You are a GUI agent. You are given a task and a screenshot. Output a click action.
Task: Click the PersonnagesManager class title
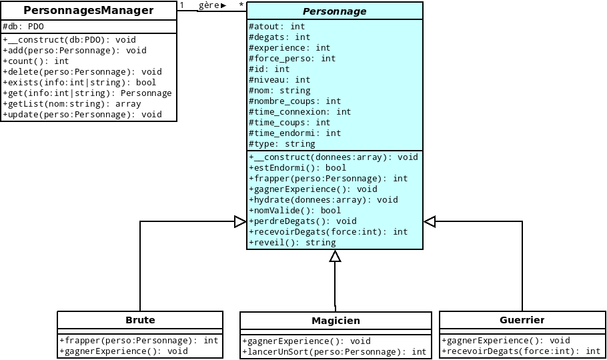(x=89, y=10)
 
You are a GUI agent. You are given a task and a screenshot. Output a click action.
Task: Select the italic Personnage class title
(x=334, y=11)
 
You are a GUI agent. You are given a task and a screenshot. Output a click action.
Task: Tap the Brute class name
(x=140, y=320)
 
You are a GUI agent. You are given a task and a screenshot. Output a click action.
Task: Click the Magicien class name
(x=336, y=321)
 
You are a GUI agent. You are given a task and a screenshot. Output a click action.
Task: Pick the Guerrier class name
(x=522, y=320)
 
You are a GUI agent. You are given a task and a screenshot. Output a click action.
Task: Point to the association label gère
(x=209, y=5)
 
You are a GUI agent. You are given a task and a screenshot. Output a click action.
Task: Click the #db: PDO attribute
(x=23, y=27)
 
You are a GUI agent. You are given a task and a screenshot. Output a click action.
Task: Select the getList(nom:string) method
(x=72, y=104)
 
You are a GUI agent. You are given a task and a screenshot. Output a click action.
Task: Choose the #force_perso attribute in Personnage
(x=292, y=59)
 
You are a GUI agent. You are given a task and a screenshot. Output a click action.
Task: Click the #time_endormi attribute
(x=295, y=133)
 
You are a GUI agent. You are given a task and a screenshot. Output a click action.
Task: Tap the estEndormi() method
(x=297, y=168)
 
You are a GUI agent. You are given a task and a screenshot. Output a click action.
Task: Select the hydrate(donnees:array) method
(x=323, y=200)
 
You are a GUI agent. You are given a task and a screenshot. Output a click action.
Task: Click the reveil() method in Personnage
(x=292, y=243)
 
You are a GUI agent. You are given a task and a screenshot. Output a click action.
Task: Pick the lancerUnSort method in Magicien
(x=335, y=352)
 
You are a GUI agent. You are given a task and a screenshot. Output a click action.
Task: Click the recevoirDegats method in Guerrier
(x=521, y=351)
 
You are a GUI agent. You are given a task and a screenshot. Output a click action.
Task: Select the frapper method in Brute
(x=139, y=341)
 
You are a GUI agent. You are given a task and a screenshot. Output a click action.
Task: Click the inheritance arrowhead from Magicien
(x=336, y=257)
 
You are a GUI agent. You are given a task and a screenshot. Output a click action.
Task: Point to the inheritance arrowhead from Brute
(x=240, y=221)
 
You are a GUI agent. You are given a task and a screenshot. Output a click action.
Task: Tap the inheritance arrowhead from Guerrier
(x=430, y=221)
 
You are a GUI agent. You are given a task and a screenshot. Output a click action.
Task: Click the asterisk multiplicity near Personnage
(x=241, y=5)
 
